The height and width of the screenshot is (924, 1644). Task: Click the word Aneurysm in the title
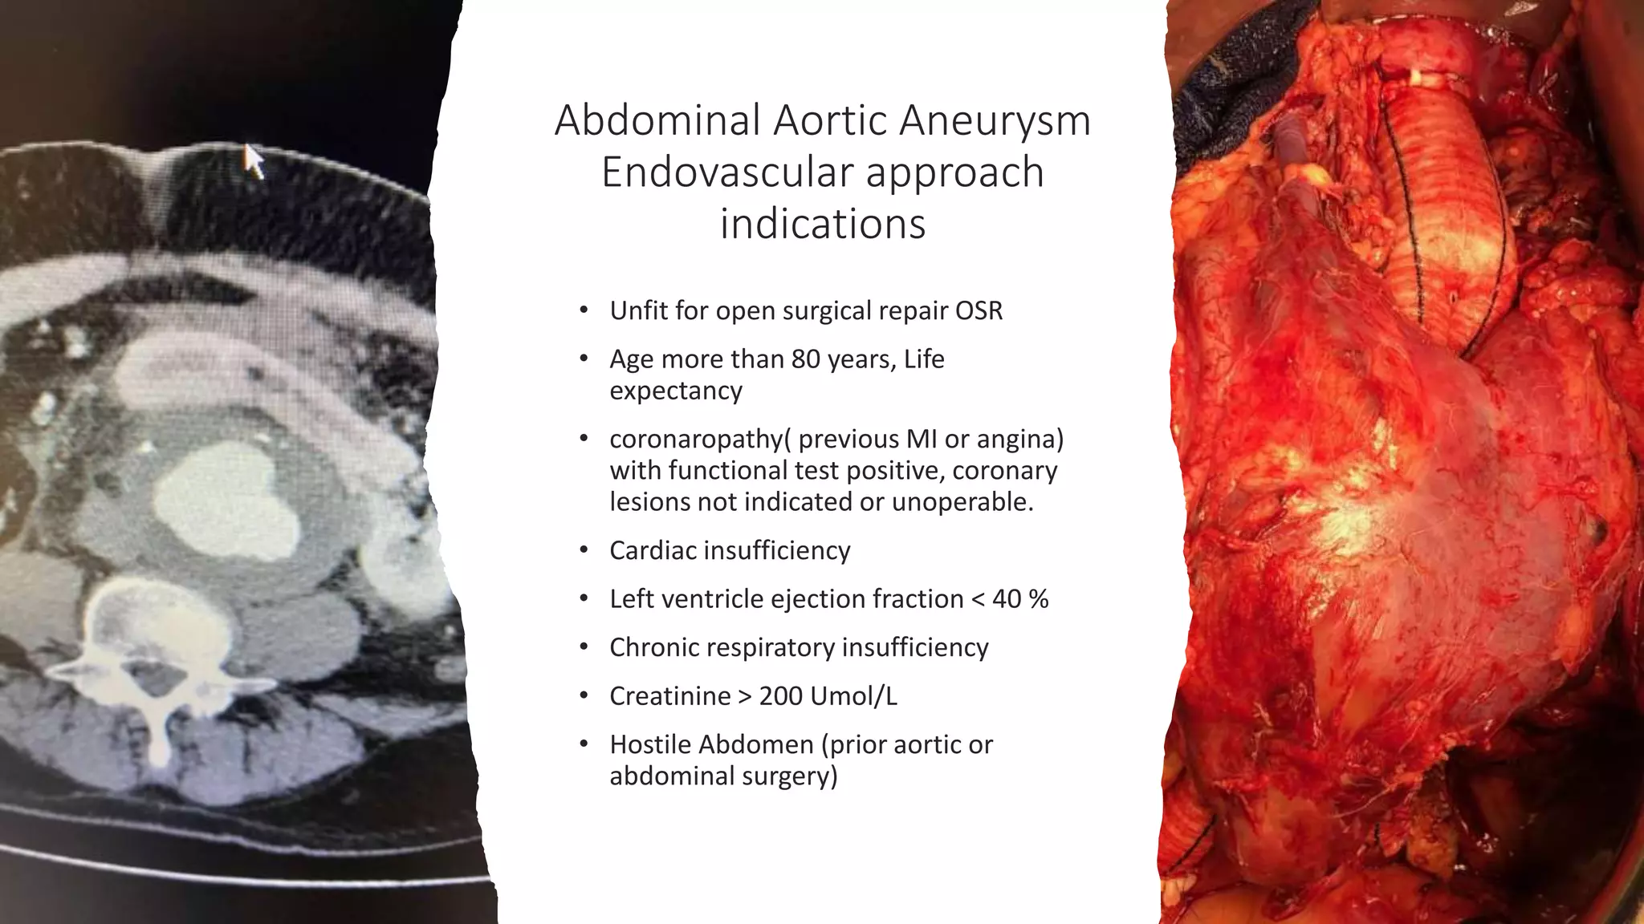coord(995,121)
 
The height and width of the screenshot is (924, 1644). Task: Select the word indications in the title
coord(823,224)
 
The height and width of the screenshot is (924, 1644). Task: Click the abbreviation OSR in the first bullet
coord(979,310)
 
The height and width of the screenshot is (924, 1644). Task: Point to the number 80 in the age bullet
coord(805,359)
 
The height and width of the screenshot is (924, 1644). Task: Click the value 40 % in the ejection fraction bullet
coord(1020,599)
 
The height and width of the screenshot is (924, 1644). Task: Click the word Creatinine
coord(669,696)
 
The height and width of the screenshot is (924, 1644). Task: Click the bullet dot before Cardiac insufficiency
coord(584,550)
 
